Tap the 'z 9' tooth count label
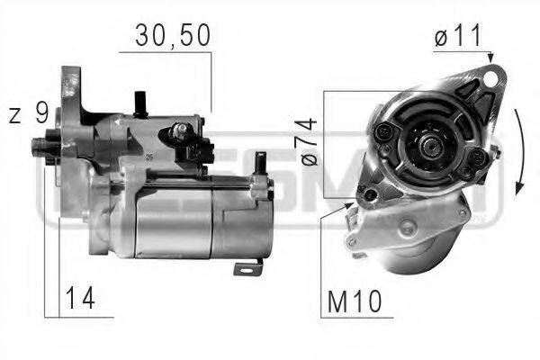(29, 112)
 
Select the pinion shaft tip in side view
(40, 144)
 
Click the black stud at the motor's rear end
(261, 163)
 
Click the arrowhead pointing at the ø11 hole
(491, 59)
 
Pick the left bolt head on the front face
(385, 133)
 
